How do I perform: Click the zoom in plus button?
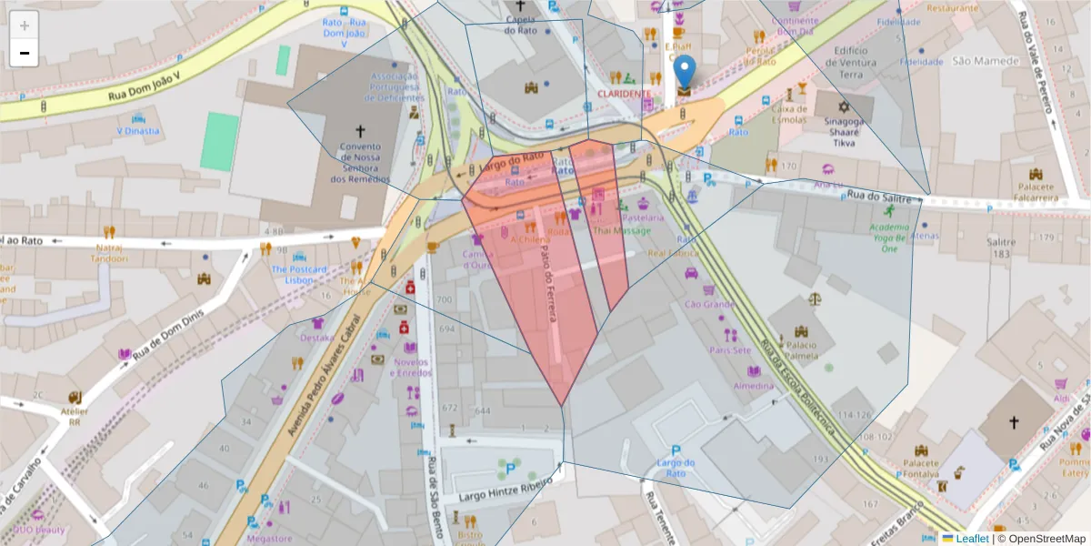[x=25, y=25]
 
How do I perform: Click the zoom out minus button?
[x=25, y=53]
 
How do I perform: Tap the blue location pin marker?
[x=684, y=73]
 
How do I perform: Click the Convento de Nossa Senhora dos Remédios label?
[x=359, y=162]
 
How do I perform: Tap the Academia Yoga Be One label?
[x=888, y=237]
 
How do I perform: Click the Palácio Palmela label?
[x=801, y=350]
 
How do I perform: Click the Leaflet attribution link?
[x=971, y=539]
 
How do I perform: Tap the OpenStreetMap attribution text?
[x=1042, y=539]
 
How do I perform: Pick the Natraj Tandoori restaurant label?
[x=109, y=252]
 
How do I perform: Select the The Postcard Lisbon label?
[x=298, y=275]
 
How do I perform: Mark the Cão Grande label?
[x=708, y=304]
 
